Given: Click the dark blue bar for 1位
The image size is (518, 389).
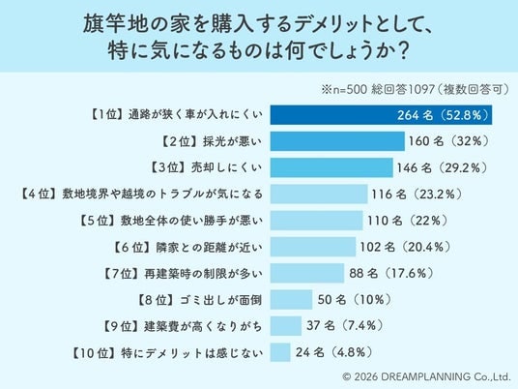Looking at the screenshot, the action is point(381,115).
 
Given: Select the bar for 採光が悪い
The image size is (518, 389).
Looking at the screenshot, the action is point(337,141).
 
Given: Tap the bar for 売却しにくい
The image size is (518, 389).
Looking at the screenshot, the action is point(331,167).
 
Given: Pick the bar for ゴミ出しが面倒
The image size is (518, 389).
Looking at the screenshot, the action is point(291,300).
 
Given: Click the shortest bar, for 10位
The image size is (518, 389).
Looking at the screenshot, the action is point(280,352).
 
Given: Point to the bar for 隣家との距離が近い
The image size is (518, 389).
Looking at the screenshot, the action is point(313,247).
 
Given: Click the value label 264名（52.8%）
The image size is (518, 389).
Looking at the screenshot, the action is point(443,115).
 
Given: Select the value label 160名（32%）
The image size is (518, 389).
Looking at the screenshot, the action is point(448,141).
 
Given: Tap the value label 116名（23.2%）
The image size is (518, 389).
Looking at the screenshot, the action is point(417,194).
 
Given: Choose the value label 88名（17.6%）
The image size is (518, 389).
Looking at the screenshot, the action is point(391,273).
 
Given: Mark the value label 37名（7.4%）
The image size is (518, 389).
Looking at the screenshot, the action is point(345,326).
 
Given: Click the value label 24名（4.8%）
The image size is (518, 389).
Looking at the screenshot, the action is point(334,352).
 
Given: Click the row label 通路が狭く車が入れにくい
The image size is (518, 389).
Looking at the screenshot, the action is point(195,115).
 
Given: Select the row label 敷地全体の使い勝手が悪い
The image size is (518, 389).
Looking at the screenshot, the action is point(191,221).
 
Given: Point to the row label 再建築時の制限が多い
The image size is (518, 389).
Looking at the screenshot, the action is point(203,274).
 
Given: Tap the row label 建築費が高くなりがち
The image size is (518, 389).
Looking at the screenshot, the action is point(203,326).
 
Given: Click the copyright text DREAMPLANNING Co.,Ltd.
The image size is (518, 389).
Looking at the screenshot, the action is point(446,376).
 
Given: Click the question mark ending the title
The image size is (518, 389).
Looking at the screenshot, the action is point(403,52).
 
